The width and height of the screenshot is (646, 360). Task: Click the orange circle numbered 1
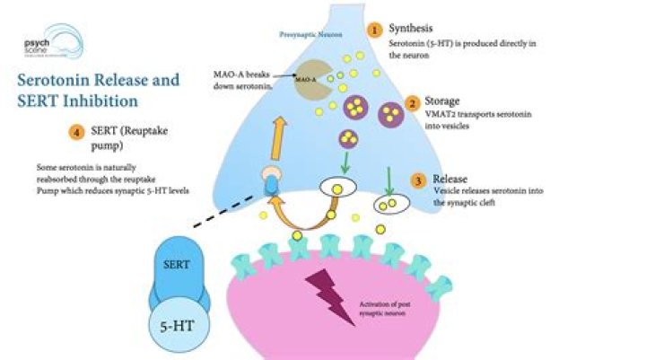[x=374, y=29]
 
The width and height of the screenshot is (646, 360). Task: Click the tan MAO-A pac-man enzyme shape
[x=309, y=79]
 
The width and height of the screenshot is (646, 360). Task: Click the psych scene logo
[x=49, y=39]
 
